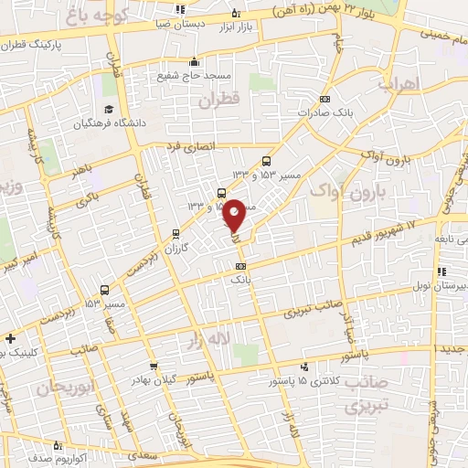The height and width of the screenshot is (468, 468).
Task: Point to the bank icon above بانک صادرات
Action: pyautogui.click(x=324, y=99)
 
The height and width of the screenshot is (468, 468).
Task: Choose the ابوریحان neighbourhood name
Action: pyautogui.click(x=66, y=388)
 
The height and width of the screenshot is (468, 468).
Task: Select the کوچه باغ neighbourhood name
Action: pyautogui.click(x=101, y=16)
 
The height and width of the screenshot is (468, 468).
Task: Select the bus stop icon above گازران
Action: pyautogui.click(x=175, y=235)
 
